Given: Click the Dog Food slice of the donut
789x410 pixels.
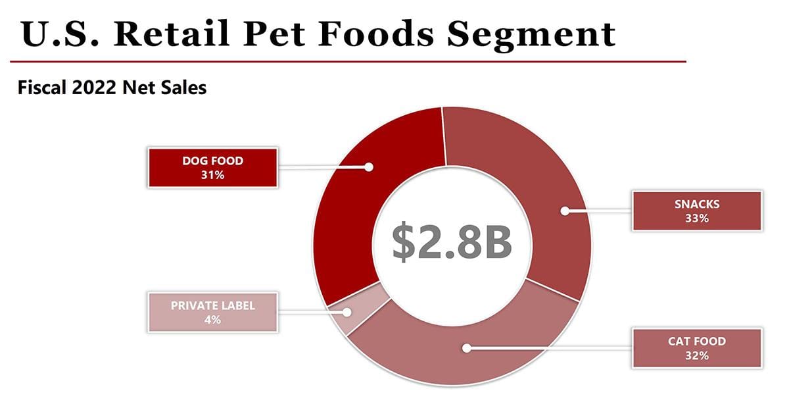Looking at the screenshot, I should pyautogui.click(x=348, y=217).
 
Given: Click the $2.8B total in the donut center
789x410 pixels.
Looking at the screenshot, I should pyautogui.click(x=452, y=242).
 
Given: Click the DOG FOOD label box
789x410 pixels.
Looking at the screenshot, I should pyautogui.click(x=212, y=168).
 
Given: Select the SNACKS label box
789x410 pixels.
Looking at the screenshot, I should pyautogui.click(x=696, y=211).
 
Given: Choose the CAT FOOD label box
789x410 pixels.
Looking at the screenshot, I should pyautogui.click(x=696, y=347).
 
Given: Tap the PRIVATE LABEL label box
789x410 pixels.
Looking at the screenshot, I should pyautogui.click(x=212, y=312).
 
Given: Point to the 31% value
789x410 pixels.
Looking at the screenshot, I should pyautogui.click(x=212, y=175).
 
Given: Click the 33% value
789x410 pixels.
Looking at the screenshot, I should pyautogui.click(x=696, y=218).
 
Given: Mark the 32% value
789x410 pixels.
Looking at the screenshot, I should pyautogui.click(x=696, y=355).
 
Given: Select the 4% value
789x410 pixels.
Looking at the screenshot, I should pyautogui.click(x=212, y=320).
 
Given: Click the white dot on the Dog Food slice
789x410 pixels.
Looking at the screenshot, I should pyautogui.click(x=369, y=167).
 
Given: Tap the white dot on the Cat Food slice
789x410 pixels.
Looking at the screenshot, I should pyautogui.click(x=466, y=347).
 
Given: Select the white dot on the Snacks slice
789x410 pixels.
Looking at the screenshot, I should pyautogui.click(x=564, y=211).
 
